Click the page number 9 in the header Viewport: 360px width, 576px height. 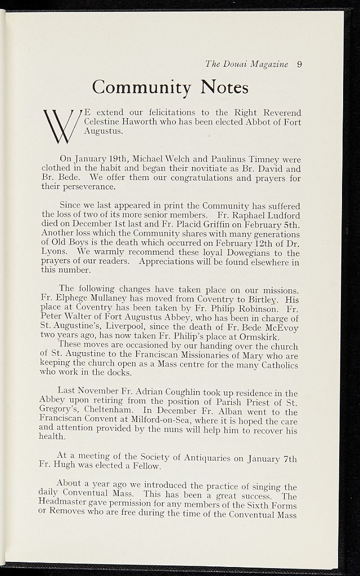pos(299,64)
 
